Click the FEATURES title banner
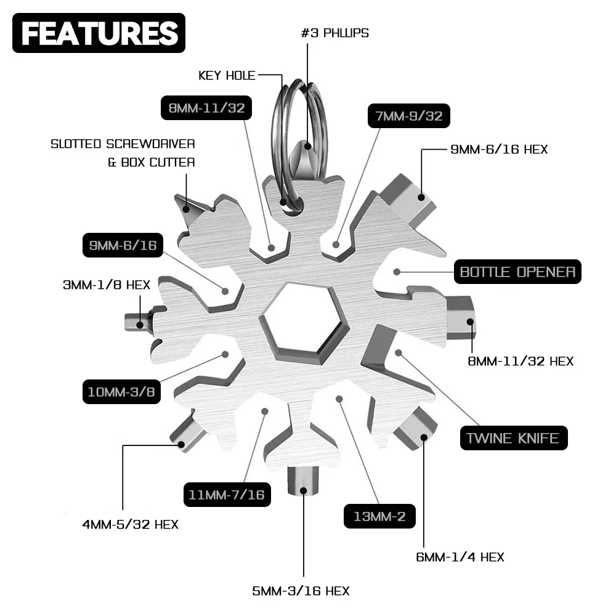[x=99, y=33]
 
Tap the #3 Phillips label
[x=334, y=33]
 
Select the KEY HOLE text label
[x=227, y=76]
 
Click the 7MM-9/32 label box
[x=409, y=115]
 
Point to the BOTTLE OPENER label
[x=517, y=272]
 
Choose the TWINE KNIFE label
[x=513, y=438]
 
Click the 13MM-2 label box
[x=379, y=516]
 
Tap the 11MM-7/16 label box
[x=227, y=493]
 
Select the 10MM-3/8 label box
[x=121, y=392]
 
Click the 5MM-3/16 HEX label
[x=301, y=591]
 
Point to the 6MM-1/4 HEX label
[x=460, y=557]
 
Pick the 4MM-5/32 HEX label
[x=130, y=525]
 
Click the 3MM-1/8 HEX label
[x=107, y=285]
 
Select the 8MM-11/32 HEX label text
[x=521, y=361]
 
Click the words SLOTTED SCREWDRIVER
[x=123, y=144]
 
